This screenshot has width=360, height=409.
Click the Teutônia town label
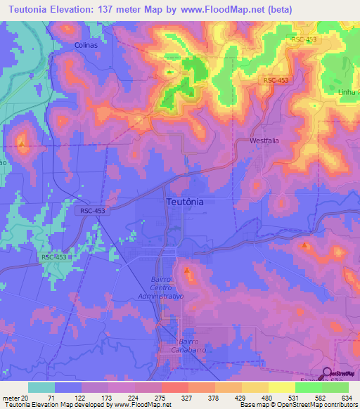click(x=186, y=202)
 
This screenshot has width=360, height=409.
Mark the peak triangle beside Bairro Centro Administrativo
click(x=186, y=270)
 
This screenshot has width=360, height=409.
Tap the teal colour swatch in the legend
click(x=41, y=387)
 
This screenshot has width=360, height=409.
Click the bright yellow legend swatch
click(x=282, y=387)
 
